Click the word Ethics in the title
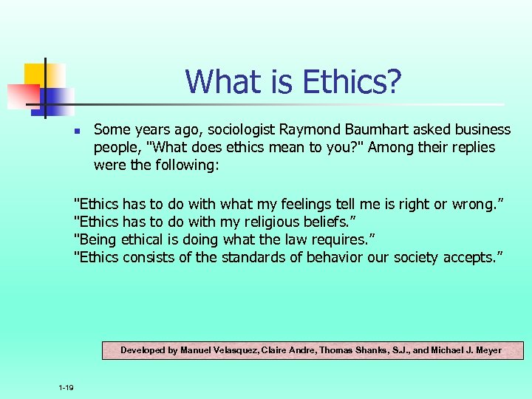coord(335,81)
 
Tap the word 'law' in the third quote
coord(284,239)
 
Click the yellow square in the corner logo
coord(37,74)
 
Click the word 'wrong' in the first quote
coord(476,204)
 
